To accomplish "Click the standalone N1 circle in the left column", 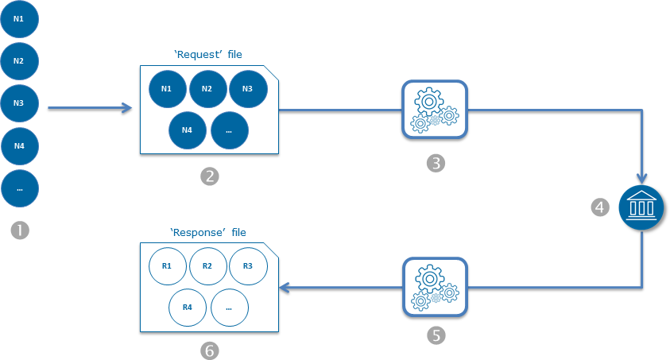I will point(19,18).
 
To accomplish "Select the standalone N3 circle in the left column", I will point(19,103).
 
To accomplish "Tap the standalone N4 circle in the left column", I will point(19,145).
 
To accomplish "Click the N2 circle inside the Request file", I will point(207,88).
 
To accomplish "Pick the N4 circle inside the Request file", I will point(188,130).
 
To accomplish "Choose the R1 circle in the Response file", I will point(168,265).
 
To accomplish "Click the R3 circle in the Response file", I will point(248,265).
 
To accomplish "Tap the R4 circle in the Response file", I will point(188,307).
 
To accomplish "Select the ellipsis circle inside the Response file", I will point(229,307).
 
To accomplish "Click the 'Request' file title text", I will point(207,55).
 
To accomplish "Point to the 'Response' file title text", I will point(208,233).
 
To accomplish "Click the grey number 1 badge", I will point(19,230).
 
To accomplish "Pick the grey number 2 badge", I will point(209,176).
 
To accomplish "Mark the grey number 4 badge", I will point(601,207).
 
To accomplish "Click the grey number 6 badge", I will point(209,350).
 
